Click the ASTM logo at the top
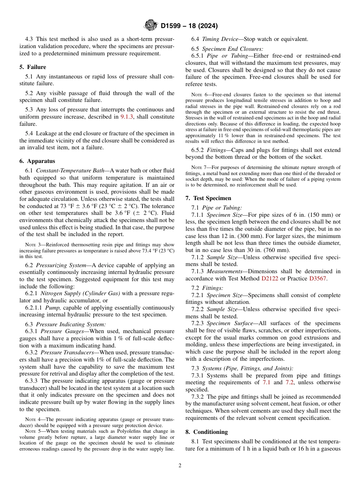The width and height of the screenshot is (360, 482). click(x=151, y=26)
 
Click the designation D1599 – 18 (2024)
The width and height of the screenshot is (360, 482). click(x=189, y=26)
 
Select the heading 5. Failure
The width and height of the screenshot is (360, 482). click(x=33, y=67)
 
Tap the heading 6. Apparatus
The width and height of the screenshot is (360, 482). click(x=37, y=161)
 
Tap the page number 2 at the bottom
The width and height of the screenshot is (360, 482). click(x=180, y=466)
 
